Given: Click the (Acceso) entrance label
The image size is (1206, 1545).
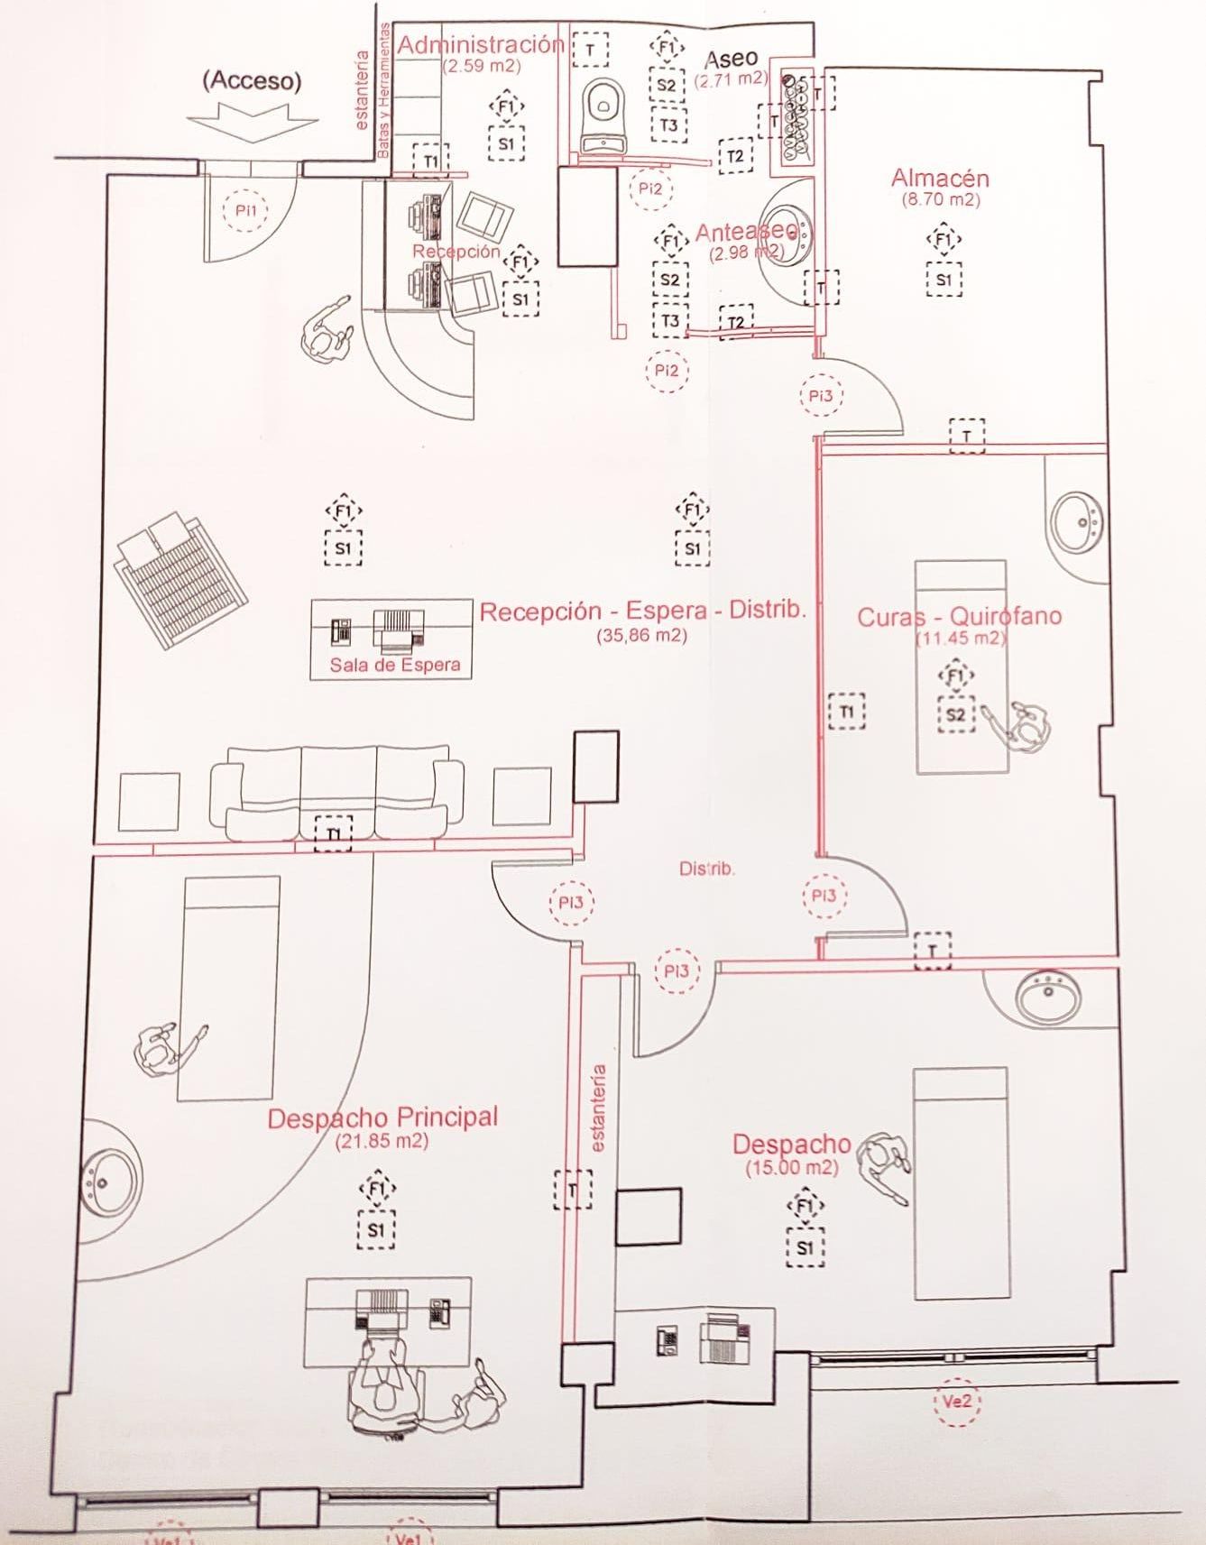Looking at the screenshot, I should [252, 80].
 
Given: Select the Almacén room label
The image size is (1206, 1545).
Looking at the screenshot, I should [940, 178].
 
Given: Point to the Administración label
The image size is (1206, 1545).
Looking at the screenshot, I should [482, 44].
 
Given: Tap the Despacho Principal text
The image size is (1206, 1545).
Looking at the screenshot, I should [382, 1118].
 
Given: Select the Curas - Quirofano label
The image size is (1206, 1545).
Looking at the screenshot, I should [959, 617].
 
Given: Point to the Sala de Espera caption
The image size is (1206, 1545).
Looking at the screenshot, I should [394, 665].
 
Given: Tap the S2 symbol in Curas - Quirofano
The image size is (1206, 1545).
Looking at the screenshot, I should [956, 715].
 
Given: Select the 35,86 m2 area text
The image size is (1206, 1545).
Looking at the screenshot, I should [641, 635].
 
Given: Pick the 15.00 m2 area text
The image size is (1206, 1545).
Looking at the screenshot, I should [791, 1168].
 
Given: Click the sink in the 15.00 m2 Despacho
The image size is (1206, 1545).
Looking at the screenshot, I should [1047, 998].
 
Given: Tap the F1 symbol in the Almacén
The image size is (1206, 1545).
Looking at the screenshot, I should [944, 240].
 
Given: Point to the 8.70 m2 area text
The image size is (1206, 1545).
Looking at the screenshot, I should [940, 200].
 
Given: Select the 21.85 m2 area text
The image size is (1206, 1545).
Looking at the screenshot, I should [382, 1141].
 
